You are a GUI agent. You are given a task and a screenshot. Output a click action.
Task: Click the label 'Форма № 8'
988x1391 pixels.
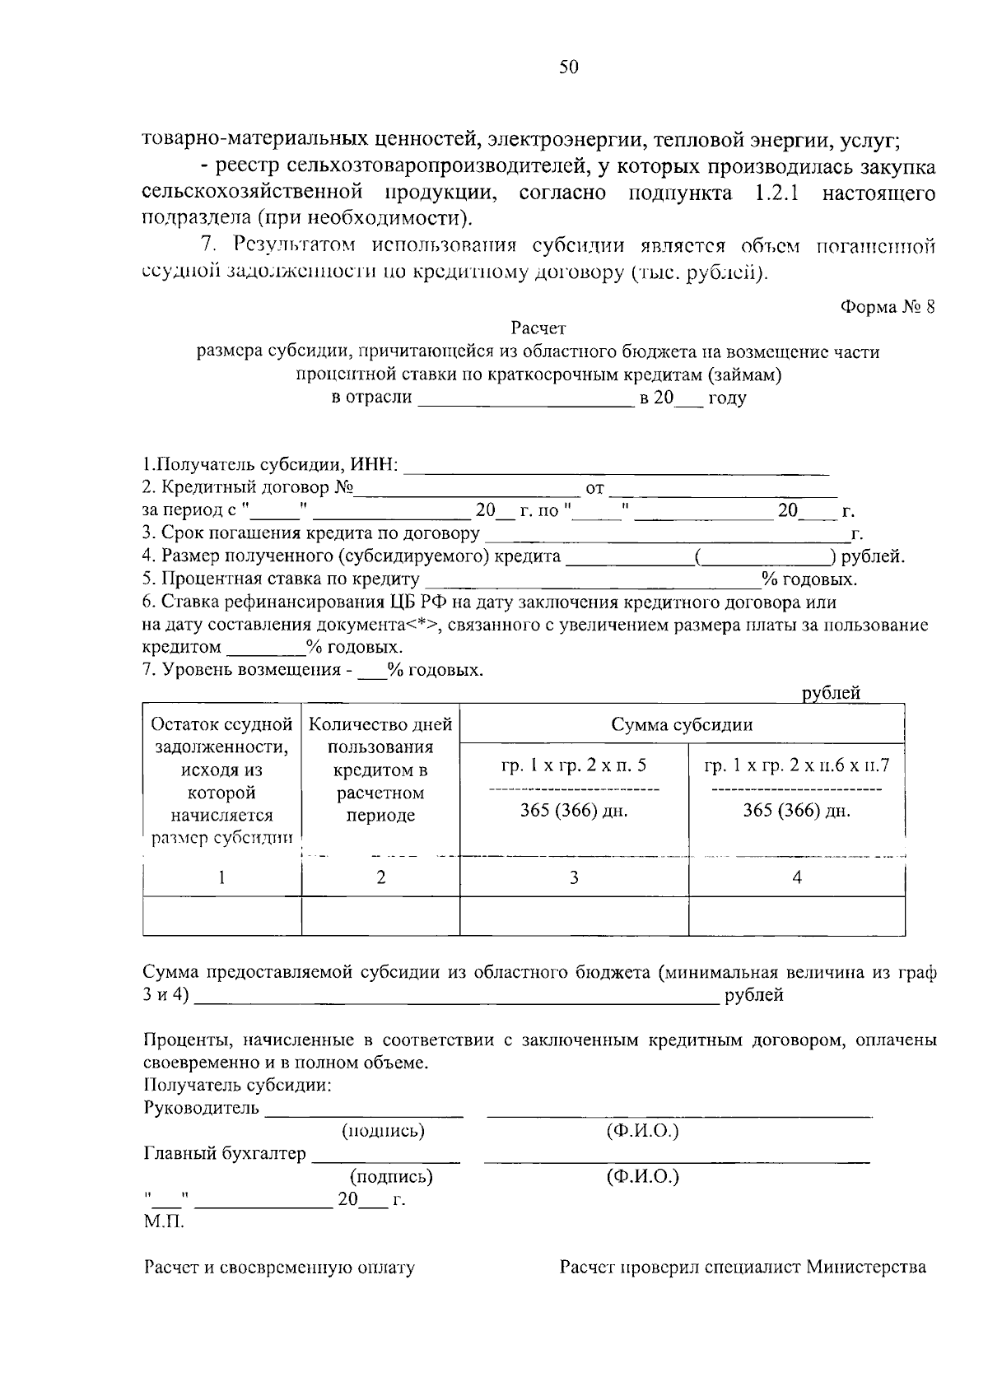tap(888, 307)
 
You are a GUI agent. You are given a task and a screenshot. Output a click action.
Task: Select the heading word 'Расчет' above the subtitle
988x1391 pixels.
tap(538, 328)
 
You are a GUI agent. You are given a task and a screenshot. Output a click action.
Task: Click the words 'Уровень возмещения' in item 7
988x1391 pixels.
tap(250, 669)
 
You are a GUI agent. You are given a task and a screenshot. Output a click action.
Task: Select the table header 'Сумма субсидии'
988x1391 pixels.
tap(681, 724)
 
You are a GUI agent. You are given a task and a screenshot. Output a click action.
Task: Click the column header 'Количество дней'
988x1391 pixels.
tap(380, 724)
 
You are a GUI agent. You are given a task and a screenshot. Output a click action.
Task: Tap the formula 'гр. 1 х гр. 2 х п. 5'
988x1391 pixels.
tap(573, 765)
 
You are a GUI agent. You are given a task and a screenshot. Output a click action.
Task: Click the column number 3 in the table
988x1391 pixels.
tap(573, 878)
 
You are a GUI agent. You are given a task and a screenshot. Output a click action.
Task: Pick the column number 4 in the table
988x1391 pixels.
tap(796, 878)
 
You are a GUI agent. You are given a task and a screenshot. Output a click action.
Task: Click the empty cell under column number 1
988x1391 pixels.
tap(222, 916)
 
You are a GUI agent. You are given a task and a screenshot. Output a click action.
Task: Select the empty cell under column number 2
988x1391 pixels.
tap(380, 916)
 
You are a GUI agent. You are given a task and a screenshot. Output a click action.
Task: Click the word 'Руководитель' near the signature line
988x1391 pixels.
tap(201, 1108)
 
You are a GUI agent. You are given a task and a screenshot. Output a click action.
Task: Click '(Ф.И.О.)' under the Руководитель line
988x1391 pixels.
tap(642, 1130)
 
